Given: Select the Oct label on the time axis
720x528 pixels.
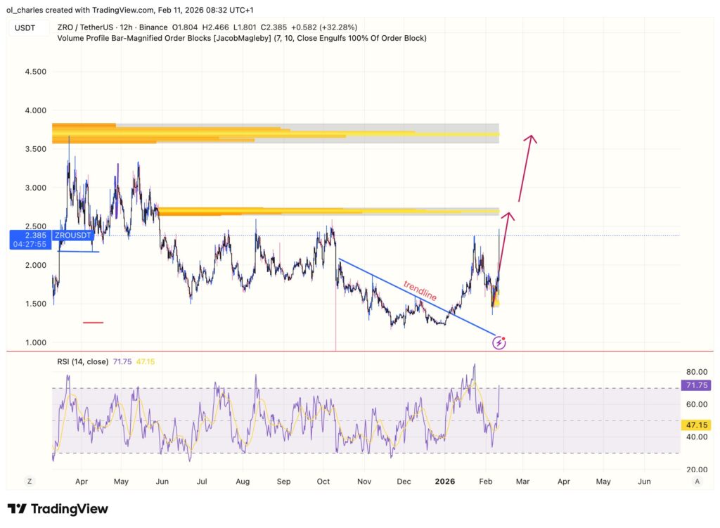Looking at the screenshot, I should (x=323, y=482).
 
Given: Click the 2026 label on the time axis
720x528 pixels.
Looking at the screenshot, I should (x=445, y=482).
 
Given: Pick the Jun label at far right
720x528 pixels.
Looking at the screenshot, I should (x=644, y=482).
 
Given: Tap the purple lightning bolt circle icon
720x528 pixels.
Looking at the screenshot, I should (x=499, y=343).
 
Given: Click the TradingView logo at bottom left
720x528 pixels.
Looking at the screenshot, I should (x=58, y=509).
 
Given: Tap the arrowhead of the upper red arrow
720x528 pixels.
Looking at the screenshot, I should (x=532, y=138).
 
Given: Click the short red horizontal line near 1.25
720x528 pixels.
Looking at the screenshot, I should (x=93, y=323).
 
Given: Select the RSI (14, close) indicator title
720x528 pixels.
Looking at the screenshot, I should (x=82, y=361).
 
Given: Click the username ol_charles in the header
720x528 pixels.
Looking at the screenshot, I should (x=25, y=9).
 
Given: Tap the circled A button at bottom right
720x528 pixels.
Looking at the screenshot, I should (x=697, y=481).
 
